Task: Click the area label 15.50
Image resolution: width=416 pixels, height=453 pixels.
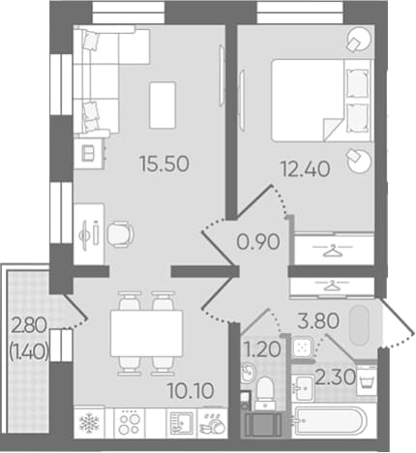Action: pyautogui.click(x=164, y=164)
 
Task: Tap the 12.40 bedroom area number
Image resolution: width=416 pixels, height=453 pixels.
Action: pyautogui.click(x=306, y=169)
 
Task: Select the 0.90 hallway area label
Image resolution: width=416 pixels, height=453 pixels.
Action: pyautogui.click(x=258, y=242)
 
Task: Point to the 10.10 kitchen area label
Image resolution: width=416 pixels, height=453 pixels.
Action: pyautogui.click(x=191, y=391)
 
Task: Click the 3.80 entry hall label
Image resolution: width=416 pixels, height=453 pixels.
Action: pyautogui.click(x=318, y=321)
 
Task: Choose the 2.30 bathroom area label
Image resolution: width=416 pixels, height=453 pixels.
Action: pyautogui.click(x=336, y=377)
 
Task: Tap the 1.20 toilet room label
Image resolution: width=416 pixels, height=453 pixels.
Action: pyautogui.click(x=262, y=349)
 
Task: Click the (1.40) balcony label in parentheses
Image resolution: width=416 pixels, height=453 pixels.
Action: pyautogui.click(x=29, y=351)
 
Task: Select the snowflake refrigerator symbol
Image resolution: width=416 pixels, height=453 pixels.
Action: pyautogui.click(x=89, y=422)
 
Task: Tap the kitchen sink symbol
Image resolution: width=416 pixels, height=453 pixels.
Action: pyautogui.click(x=182, y=423)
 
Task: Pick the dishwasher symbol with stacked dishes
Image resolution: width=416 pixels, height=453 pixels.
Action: pyautogui.click(x=213, y=424)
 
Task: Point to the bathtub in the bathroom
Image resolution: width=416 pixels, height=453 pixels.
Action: pyautogui.click(x=330, y=421)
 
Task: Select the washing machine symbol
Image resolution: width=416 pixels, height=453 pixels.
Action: pyautogui.click(x=367, y=380)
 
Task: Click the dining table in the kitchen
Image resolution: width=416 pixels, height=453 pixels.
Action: pyautogui.click(x=147, y=333)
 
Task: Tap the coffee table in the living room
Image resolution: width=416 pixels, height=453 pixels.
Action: pyautogui.click(x=163, y=106)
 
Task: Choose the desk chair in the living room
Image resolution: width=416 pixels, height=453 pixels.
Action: pyautogui.click(x=120, y=234)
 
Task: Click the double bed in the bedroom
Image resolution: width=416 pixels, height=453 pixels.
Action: pyautogui.click(x=321, y=101)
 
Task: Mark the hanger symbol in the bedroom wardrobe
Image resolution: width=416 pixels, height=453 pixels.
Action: pyautogui.click(x=333, y=251)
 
